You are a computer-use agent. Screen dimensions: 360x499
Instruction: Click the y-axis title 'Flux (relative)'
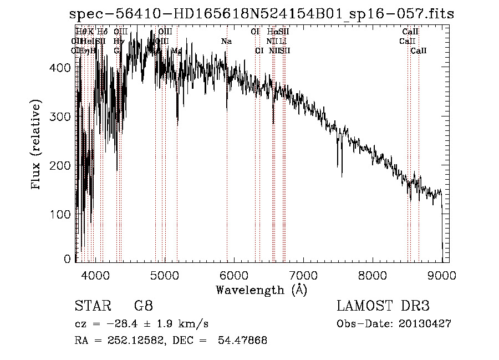coord(37,146)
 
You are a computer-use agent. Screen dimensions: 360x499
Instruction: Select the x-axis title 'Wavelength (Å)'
coord(261,290)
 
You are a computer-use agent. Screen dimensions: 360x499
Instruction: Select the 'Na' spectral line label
coord(226,42)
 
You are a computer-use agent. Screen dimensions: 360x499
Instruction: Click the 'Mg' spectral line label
coord(176,50)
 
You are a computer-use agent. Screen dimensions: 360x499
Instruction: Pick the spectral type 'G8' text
coord(143,306)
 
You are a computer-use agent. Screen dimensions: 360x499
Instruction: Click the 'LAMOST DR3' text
coord(383,306)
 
